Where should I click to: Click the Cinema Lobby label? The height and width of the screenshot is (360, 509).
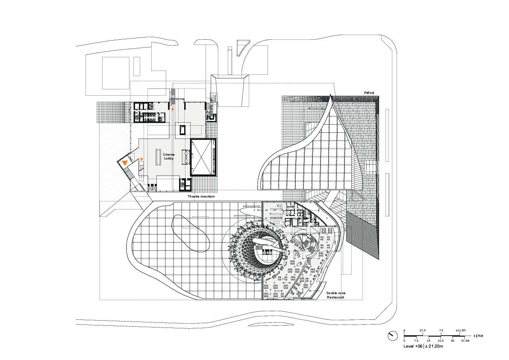(x=169, y=156)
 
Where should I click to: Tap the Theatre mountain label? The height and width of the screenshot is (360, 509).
(x=201, y=196)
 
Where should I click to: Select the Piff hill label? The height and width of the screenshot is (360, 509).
(x=369, y=93)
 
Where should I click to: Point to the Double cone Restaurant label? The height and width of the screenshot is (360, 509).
(x=336, y=295)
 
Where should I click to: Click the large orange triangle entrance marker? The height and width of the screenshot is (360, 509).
(x=125, y=163)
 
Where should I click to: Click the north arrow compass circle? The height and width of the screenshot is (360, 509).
(x=393, y=336)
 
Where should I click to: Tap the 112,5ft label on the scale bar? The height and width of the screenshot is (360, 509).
(x=460, y=330)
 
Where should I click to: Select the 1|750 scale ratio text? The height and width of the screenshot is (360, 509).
(x=478, y=336)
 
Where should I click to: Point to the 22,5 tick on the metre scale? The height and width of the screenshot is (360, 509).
(x=441, y=341)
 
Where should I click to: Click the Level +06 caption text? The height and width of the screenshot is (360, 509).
(x=413, y=346)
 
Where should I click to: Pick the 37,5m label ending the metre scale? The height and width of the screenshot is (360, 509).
(x=465, y=341)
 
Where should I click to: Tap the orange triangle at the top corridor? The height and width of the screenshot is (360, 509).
(x=172, y=109)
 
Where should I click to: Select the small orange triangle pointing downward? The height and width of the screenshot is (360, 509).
(x=141, y=159)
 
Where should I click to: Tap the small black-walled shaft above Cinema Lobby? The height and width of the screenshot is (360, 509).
(x=182, y=130)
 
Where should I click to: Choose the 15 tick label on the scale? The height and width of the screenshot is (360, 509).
(x=429, y=341)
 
